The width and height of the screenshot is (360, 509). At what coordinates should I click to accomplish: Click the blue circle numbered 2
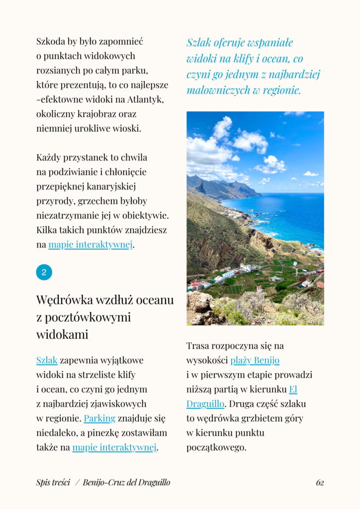click(44, 272)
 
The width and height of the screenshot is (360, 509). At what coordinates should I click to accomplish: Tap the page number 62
click(320, 482)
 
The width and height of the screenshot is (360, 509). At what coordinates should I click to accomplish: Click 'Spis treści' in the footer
click(53, 482)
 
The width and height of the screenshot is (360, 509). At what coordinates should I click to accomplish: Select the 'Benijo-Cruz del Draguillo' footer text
click(126, 482)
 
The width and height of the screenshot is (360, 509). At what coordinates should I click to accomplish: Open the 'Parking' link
click(99, 418)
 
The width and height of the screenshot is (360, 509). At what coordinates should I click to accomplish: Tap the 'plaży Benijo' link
click(255, 360)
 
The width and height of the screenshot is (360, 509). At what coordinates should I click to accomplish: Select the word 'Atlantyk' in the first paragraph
click(145, 99)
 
